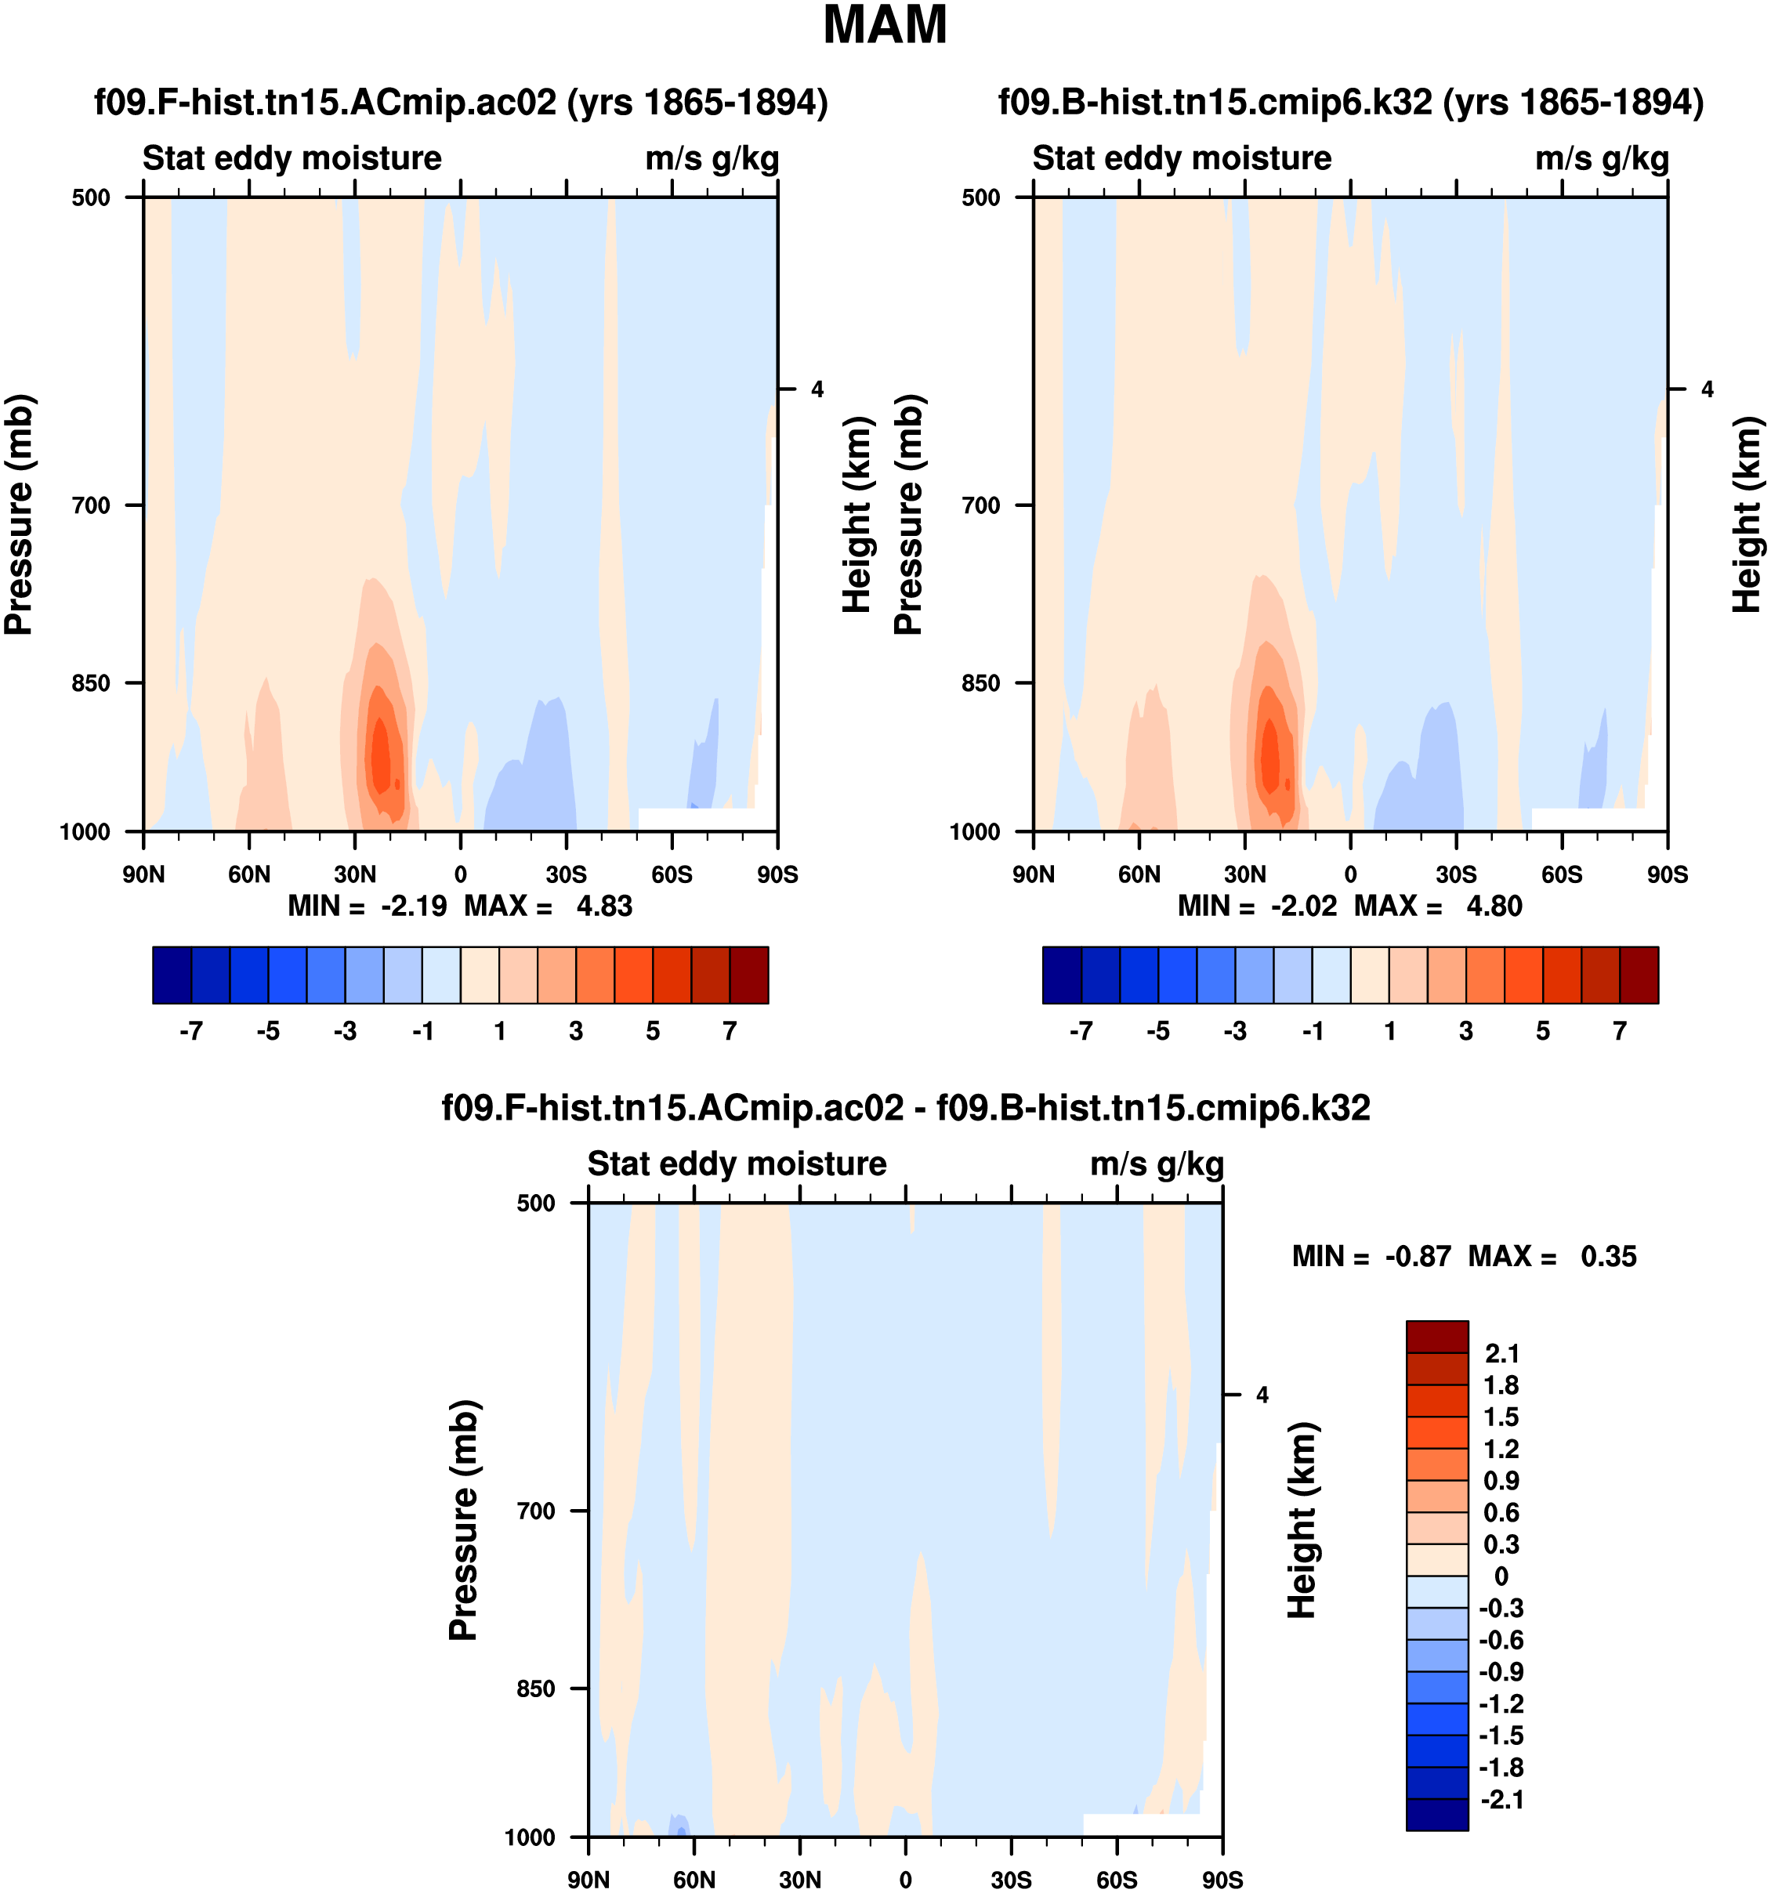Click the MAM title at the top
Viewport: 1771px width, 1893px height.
pos(885,25)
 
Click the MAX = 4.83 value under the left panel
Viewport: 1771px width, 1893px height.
pos(549,906)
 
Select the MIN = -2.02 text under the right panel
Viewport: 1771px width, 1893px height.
pos(1257,906)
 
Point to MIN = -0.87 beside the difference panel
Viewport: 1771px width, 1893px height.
pos(1371,1256)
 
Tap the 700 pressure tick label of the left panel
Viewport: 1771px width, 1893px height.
pos(92,505)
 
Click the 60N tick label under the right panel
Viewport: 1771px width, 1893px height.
pos(1139,874)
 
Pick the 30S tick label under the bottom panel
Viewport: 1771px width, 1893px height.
pos(1010,1880)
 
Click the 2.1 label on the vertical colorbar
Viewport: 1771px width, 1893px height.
pos(1501,1353)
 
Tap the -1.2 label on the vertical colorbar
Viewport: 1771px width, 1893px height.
pos(1501,1703)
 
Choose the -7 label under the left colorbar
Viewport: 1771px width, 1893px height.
pos(190,1031)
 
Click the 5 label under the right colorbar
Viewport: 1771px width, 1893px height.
pos(1542,1031)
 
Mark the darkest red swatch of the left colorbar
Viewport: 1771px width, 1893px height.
pos(748,975)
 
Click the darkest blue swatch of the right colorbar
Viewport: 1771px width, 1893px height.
pos(1062,975)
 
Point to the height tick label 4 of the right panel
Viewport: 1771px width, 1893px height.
pos(1708,389)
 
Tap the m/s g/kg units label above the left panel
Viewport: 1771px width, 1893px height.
pos(712,159)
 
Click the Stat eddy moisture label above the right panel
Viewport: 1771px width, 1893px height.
pos(1182,158)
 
